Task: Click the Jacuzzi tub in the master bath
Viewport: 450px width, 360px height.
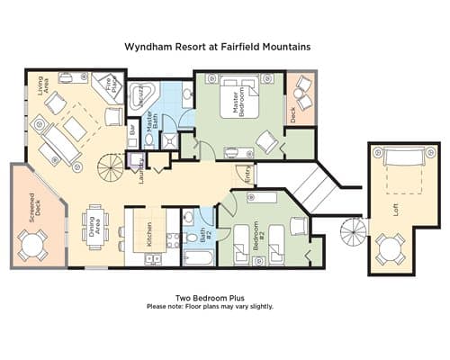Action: pos(141,95)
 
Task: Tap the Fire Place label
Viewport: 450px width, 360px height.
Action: pos(111,85)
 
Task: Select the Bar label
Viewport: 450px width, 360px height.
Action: pos(132,130)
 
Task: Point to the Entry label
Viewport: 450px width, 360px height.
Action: pos(247,175)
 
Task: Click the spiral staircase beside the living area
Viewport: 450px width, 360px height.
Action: pos(110,166)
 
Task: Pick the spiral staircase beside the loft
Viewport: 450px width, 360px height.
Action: pos(354,231)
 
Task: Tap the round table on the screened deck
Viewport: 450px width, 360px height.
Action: pos(33,246)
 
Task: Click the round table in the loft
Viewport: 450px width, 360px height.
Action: pos(391,249)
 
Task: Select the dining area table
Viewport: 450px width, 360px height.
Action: pos(96,227)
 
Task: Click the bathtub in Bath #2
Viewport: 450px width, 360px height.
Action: pos(199,257)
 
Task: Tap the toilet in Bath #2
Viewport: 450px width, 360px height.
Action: pos(191,238)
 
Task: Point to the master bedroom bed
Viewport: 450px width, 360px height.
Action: pos(239,97)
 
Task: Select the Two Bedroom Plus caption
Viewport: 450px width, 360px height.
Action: pos(210,298)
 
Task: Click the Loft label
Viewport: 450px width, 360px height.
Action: pos(395,210)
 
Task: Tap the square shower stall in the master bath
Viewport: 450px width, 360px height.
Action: pos(169,140)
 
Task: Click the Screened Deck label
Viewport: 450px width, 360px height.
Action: pos(34,208)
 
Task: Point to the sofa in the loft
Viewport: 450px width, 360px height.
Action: pos(404,156)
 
